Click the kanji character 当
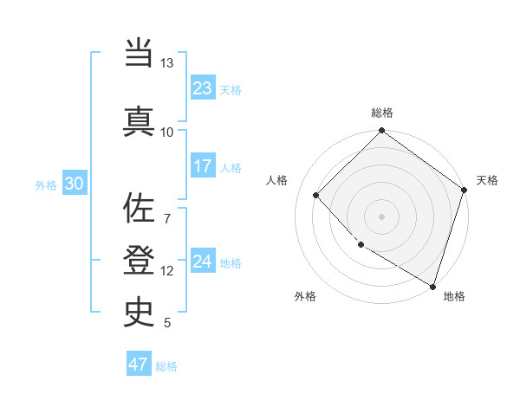tap(139, 53)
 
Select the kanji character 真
tap(139, 120)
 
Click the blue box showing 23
tap(203, 88)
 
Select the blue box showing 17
tap(203, 166)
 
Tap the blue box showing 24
tap(203, 262)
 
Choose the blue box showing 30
tap(74, 184)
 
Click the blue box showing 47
tap(139, 365)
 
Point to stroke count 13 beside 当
tap(166, 64)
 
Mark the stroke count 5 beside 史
tap(166, 323)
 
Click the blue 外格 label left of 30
tap(45, 184)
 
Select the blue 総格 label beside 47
tap(166, 365)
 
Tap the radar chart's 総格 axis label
tap(382, 113)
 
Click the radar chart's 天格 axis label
tap(487, 180)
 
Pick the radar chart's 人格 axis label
tap(276, 180)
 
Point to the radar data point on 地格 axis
tap(432, 285)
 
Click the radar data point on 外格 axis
tap(361, 244)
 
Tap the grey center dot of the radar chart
tap(381, 216)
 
